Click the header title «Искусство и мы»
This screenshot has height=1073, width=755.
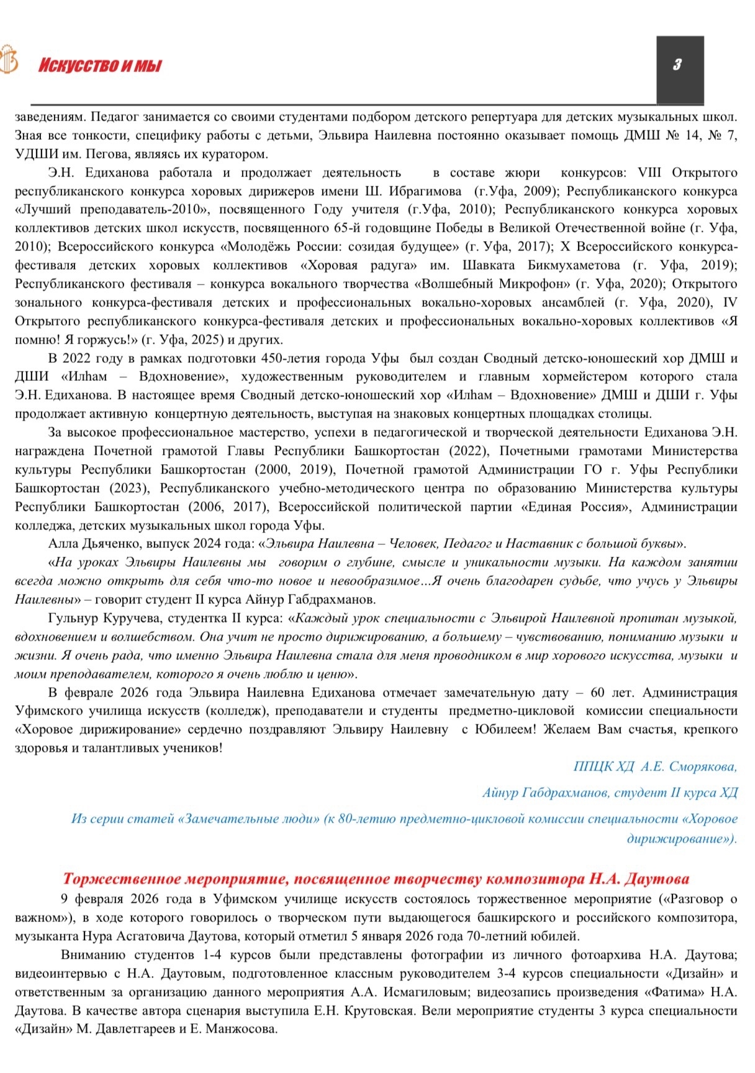(99, 65)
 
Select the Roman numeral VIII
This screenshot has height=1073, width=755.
(646, 173)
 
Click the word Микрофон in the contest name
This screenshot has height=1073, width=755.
(538, 284)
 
